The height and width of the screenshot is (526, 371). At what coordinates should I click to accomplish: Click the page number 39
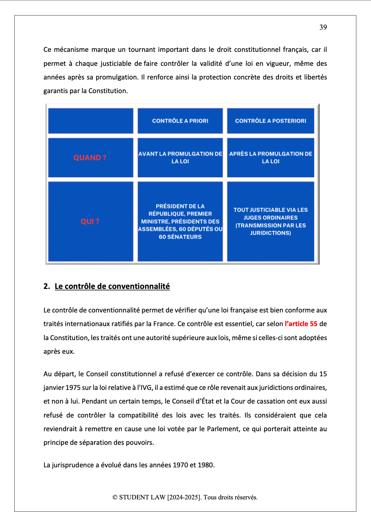(323, 27)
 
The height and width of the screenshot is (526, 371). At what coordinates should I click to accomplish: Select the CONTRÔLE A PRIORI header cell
(180, 121)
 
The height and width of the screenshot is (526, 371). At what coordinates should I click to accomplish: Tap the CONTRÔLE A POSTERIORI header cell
(270, 121)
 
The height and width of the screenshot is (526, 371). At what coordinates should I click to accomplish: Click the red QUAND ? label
(90, 158)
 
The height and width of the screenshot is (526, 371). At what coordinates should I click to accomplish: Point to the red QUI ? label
(90, 221)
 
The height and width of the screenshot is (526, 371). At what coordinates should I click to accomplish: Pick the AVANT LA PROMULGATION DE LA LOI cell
(180, 158)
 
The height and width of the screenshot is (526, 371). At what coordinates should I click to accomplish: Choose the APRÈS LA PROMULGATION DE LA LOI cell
(270, 158)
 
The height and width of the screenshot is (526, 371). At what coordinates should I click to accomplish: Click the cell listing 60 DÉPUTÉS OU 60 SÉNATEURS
(180, 221)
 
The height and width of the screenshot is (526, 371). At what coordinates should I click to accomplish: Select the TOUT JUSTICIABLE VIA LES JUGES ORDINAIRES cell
(270, 221)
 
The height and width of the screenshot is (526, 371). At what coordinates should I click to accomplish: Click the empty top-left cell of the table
(91, 121)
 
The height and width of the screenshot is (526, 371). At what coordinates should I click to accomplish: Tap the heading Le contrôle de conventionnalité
(112, 286)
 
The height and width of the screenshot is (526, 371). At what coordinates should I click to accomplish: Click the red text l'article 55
(301, 324)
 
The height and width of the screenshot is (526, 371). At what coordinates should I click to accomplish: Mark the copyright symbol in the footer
(115, 497)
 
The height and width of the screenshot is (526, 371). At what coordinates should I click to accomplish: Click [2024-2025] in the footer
(184, 497)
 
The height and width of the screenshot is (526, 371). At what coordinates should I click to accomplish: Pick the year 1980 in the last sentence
(205, 465)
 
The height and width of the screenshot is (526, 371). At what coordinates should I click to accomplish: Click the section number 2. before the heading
(47, 286)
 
